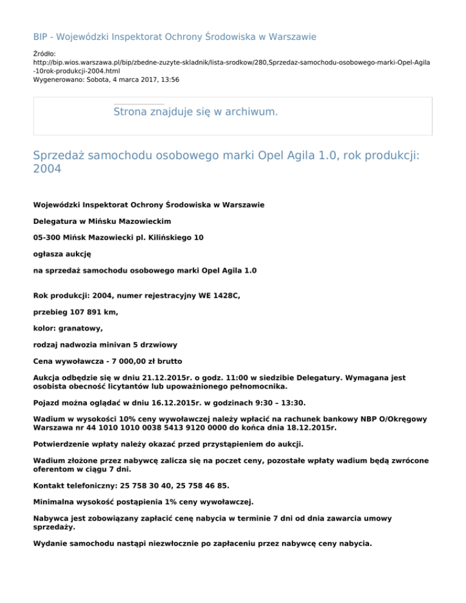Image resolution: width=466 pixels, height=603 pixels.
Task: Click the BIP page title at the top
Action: [174, 37]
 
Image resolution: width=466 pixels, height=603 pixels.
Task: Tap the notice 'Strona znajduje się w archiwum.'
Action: [195, 112]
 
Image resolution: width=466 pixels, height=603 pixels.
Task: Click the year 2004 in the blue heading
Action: [47, 170]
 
